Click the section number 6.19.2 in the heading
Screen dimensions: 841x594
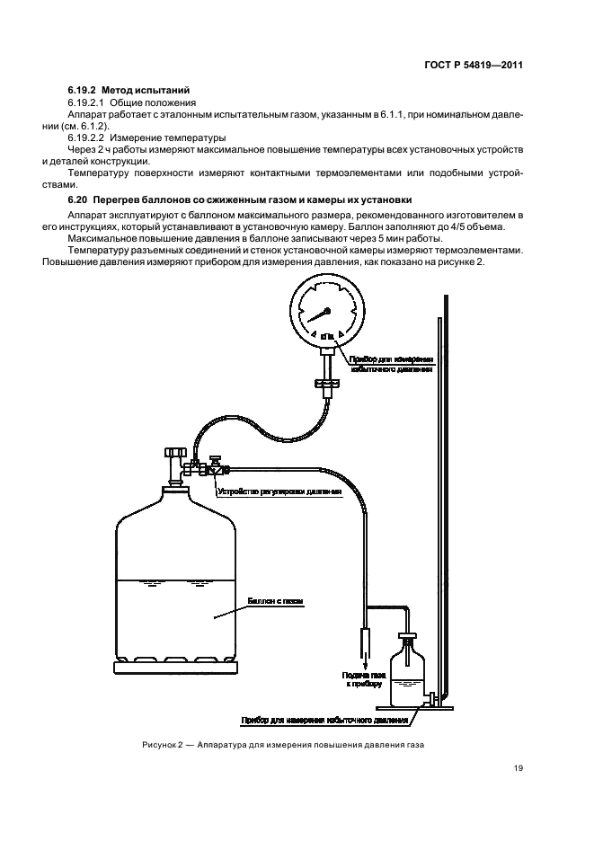point(83,92)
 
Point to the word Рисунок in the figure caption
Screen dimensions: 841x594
point(159,746)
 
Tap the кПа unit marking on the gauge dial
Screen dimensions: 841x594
point(327,335)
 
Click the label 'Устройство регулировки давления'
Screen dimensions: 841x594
point(279,492)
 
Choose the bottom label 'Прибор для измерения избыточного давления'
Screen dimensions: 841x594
point(324,720)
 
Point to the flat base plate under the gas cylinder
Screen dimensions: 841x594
point(176,668)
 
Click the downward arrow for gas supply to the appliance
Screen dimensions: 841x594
point(365,652)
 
